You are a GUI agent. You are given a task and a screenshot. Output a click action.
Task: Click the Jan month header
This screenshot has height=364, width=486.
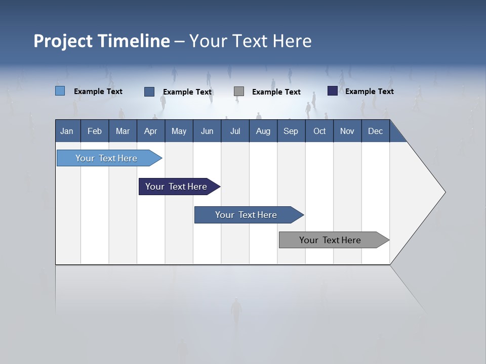67,131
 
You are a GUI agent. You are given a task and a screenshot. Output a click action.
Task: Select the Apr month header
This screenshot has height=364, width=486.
150,131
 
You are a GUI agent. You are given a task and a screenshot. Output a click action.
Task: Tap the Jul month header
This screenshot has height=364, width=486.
235,131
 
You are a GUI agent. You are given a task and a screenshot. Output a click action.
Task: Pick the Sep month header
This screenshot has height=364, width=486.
291,131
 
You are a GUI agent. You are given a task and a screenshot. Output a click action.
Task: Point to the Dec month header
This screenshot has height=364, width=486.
375,131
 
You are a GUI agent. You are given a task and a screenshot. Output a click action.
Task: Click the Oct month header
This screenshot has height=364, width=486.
319,131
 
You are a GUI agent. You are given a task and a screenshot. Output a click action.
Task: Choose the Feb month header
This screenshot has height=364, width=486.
95,131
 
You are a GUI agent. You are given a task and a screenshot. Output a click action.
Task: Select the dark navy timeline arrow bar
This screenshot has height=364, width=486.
177,187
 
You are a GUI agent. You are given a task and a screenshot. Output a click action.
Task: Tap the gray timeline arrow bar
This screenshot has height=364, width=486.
331,240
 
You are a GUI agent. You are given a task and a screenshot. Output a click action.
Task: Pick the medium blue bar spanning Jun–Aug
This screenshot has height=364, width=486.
247,215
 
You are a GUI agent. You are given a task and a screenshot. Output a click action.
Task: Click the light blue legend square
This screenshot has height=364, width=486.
60,91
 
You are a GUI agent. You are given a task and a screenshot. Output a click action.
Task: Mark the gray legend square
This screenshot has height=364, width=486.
239,92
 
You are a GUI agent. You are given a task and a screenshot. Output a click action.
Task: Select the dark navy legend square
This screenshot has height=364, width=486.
333,91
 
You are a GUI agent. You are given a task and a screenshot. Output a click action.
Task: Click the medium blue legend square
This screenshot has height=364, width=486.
149,92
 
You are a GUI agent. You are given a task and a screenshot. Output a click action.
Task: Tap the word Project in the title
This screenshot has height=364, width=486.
63,41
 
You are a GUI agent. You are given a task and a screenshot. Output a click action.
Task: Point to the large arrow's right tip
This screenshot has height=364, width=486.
444,192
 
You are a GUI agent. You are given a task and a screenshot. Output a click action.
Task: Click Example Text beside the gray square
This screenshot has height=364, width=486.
276,92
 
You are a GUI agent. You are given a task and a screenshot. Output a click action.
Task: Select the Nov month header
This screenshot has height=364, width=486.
347,131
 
